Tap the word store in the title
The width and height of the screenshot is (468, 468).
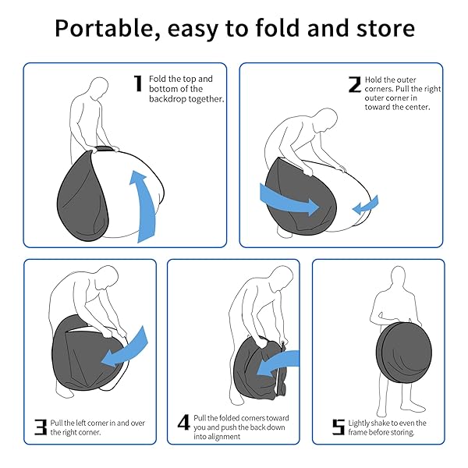(385, 28)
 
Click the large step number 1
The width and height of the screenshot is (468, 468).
(138, 83)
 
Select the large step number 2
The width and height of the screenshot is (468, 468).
(355, 84)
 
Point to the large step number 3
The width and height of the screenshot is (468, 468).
(41, 427)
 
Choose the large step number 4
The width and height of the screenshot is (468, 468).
(183, 422)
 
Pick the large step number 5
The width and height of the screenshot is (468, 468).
(339, 427)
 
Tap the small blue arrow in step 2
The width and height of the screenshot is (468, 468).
(366, 204)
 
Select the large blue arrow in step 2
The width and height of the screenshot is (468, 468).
(288, 200)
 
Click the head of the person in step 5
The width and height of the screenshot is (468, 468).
(398, 277)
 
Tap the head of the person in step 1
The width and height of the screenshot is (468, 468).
(99, 88)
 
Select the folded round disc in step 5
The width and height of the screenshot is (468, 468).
(403, 353)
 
